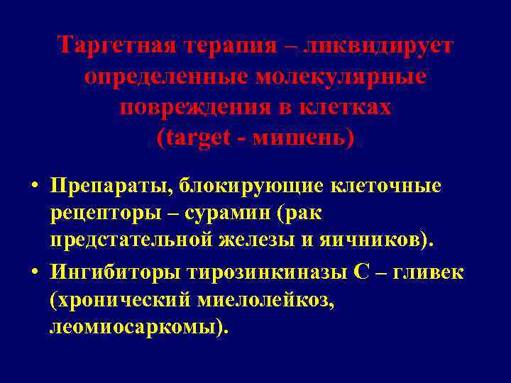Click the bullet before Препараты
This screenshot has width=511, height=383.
click(33, 186)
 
